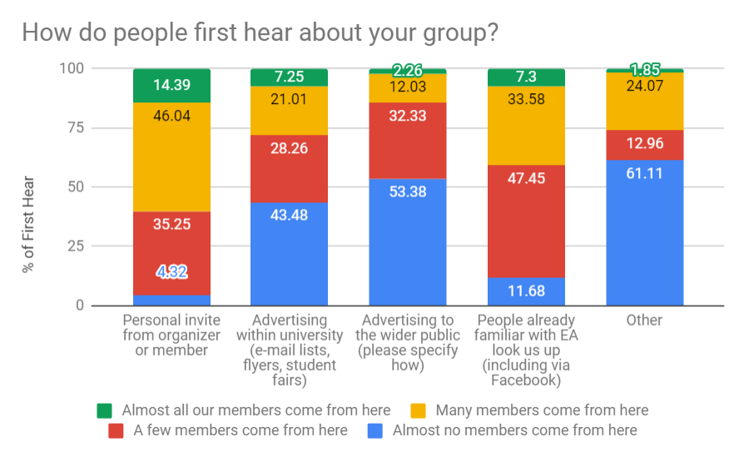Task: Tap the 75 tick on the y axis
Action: pyautogui.click(x=75, y=127)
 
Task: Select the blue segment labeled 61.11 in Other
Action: pyautogui.click(x=644, y=233)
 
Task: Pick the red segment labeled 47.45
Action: pyautogui.click(x=526, y=221)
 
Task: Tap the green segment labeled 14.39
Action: pyautogui.click(x=171, y=86)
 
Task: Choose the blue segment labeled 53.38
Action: pyautogui.click(x=408, y=241)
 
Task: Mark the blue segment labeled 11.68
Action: pyautogui.click(x=526, y=291)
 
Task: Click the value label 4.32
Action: pyautogui.click(x=171, y=271)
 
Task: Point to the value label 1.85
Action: pyautogui.click(x=644, y=71)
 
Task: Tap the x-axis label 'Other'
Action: pyautogui.click(x=644, y=320)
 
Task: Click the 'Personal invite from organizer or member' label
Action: pyautogui.click(x=171, y=335)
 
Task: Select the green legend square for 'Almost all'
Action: pyautogui.click(x=105, y=410)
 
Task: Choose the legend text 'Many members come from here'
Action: pyautogui.click(x=542, y=410)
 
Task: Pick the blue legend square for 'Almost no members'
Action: pyautogui.click(x=374, y=430)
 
